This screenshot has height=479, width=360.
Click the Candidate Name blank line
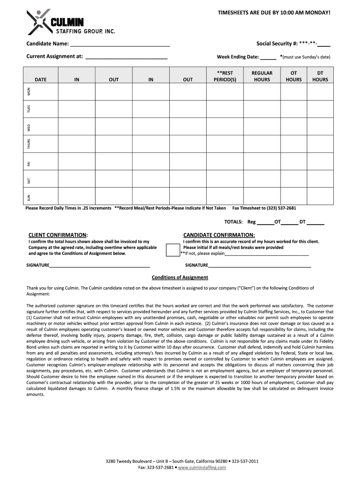[120, 45]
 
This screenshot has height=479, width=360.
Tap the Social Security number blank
[324, 45]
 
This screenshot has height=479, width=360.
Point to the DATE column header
[41, 80]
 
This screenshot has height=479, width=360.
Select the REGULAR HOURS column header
[262, 76]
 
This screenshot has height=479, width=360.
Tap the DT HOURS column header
[320, 76]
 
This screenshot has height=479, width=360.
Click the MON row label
[29, 92]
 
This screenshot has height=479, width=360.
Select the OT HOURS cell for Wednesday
[294, 127]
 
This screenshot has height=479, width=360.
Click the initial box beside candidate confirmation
[173, 250]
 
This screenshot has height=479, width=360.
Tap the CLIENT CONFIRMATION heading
[58, 235]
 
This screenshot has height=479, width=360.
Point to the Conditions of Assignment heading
[180, 277]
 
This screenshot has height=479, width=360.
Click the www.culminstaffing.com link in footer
[202, 467]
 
